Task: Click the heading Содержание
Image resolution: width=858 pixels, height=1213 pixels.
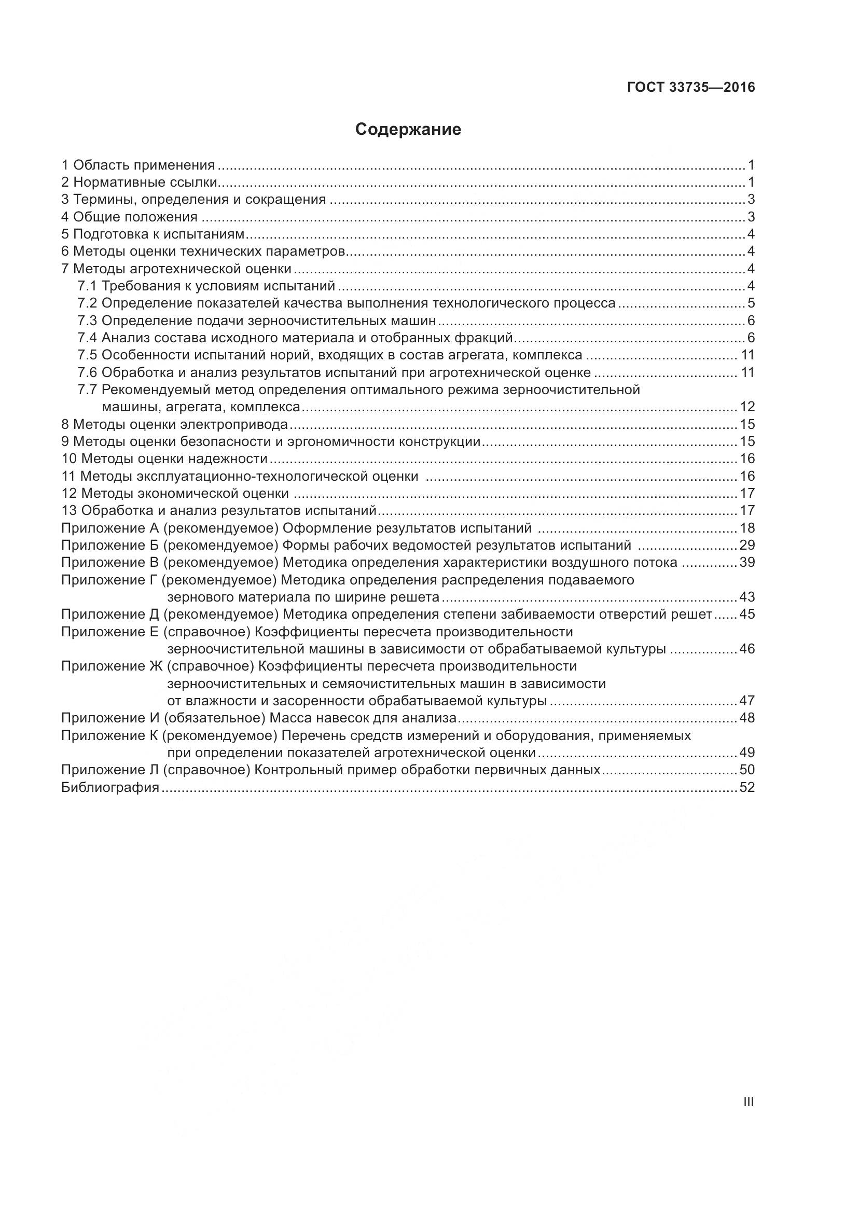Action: [408, 130]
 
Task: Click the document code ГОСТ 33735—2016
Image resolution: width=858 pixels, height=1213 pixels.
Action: [691, 88]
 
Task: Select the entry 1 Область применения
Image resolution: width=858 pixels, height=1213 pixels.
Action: [139, 165]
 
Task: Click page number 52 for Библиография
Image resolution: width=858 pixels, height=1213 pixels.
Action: [747, 788]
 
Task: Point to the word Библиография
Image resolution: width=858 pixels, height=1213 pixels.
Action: [110, 788]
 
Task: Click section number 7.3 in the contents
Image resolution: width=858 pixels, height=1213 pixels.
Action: [87, 320]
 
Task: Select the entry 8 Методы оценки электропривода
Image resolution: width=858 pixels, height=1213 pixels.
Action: [175, 424]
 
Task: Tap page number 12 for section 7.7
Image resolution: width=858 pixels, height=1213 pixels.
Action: [747, 407]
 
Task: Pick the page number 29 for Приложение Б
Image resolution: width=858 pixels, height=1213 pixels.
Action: [747, 545]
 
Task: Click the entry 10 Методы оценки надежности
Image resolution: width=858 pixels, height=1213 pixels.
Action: [164, 458]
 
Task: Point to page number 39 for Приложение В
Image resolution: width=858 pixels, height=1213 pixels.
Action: [747, 563]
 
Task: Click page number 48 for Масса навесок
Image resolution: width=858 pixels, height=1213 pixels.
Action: [747, 718]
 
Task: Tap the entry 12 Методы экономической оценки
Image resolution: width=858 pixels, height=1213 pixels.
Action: [175, 493]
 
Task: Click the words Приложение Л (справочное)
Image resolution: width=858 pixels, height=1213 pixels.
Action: [155, 770]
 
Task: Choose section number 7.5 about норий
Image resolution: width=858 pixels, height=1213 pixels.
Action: [87, 355]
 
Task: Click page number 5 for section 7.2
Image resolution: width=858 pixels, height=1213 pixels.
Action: [751, 303]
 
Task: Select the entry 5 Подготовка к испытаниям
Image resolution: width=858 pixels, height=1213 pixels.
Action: [153, 234]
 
